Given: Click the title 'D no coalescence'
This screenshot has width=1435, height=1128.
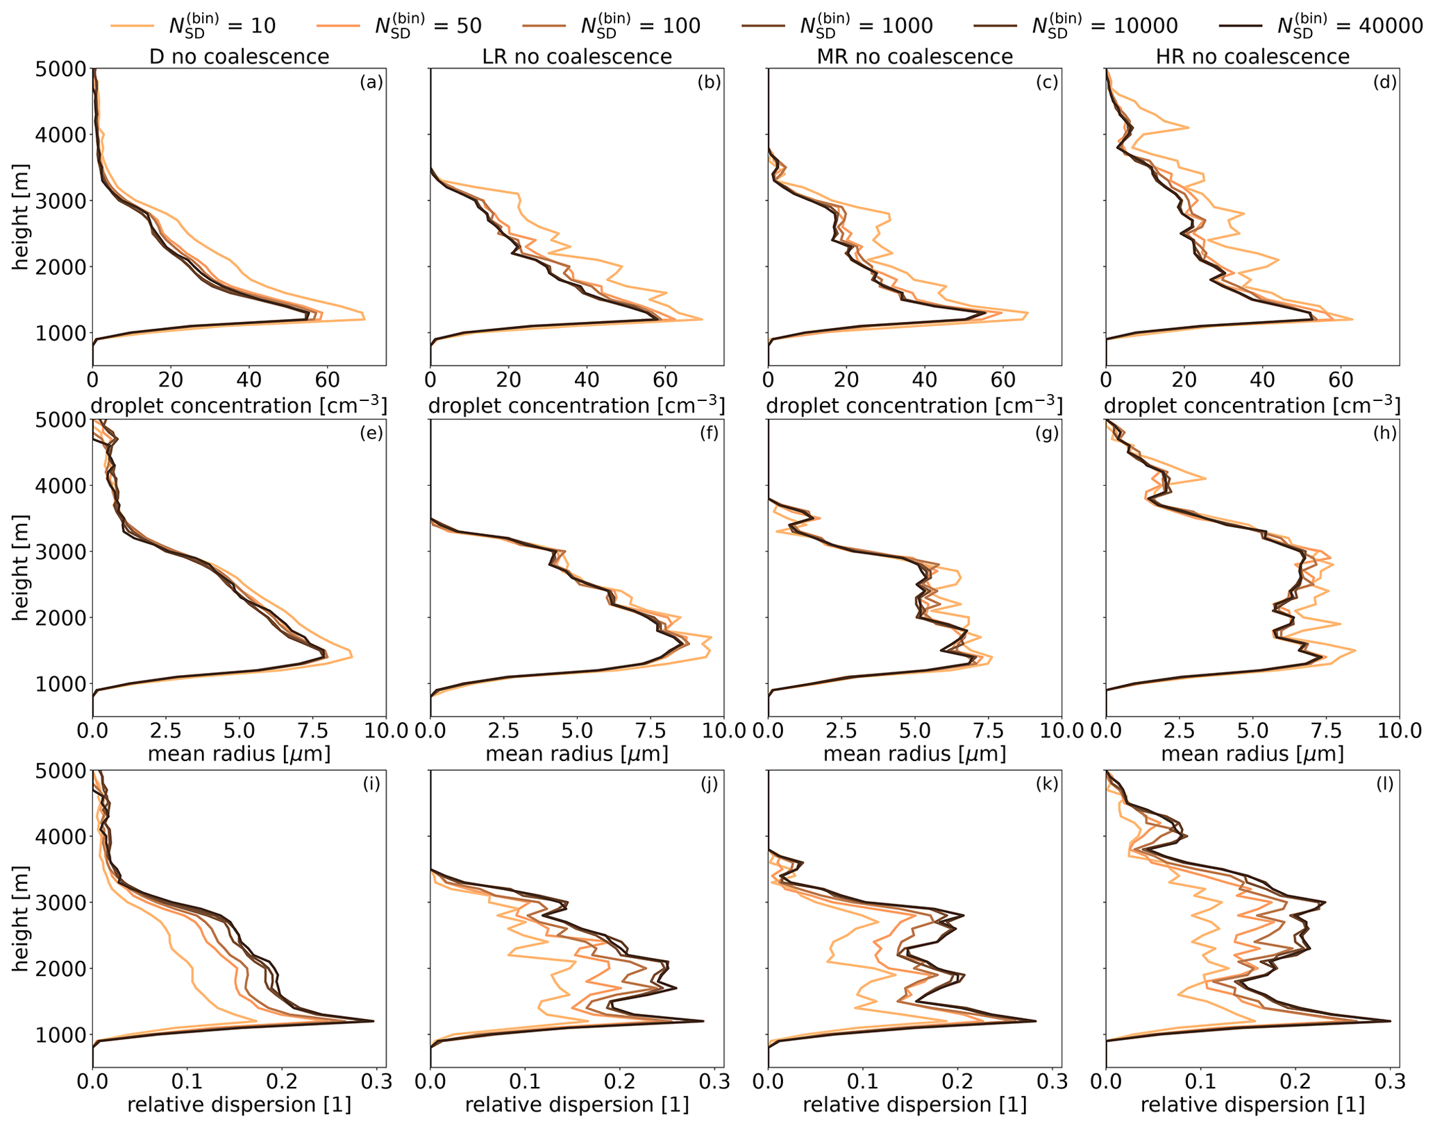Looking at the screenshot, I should pos(240,56).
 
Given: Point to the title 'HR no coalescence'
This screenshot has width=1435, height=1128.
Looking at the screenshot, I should pos(1252,56).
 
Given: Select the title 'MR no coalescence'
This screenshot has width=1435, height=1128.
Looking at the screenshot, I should pos(915,56).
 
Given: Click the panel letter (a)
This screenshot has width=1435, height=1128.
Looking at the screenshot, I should pos(371,83).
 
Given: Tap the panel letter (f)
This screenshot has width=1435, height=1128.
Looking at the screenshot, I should pos(709,434).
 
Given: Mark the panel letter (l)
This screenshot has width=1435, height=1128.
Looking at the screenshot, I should pos(1385,784).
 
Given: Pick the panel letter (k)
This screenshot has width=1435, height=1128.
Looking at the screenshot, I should pos(1047,784).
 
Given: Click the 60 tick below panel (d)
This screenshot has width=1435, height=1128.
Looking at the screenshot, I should pos(1341,379).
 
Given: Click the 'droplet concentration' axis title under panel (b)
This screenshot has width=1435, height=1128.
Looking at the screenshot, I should pos(577,405).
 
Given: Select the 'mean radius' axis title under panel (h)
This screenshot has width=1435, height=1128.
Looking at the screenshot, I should pos(1252,753).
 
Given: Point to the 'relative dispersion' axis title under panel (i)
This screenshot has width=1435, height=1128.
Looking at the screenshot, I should pos(240,1104).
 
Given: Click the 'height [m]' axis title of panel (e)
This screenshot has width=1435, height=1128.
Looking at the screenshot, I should pos(21,567).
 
